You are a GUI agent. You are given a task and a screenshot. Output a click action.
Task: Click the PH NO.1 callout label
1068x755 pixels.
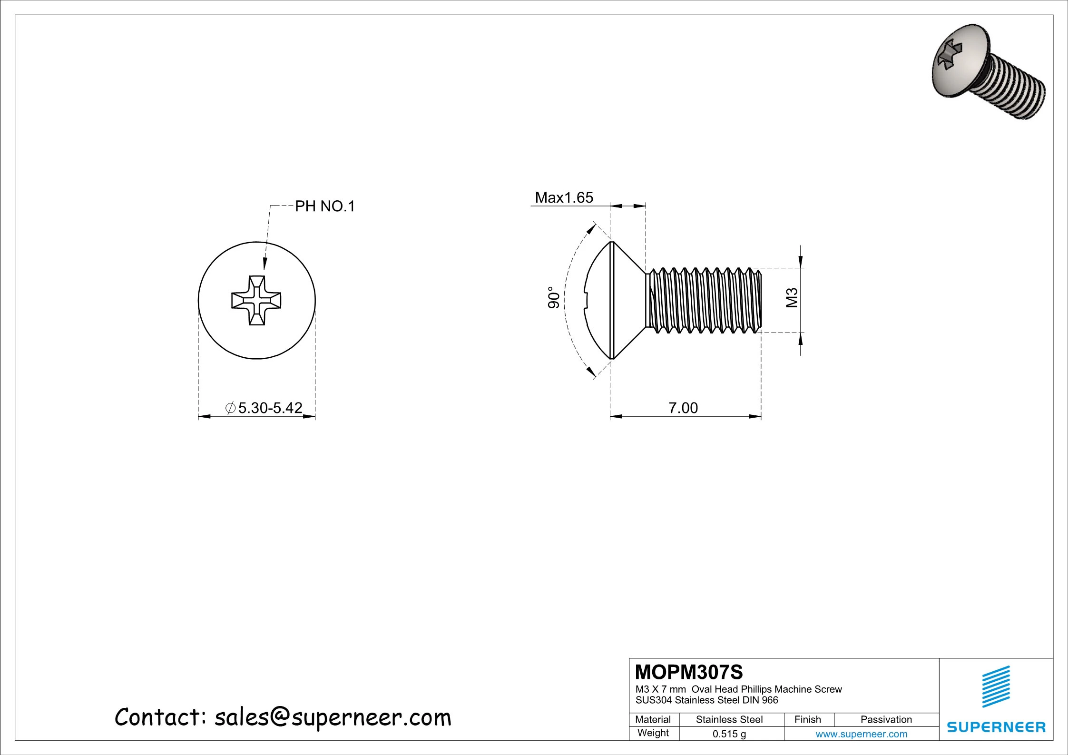[325, 206]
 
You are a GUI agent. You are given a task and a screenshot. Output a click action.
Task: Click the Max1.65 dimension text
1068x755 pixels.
[564, 197]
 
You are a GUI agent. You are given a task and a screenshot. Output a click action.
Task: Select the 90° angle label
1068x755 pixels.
[554, 297]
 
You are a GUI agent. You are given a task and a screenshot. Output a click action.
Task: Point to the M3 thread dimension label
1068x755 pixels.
[792, 298]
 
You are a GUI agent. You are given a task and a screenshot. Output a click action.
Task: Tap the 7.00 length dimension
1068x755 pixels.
[683, 408]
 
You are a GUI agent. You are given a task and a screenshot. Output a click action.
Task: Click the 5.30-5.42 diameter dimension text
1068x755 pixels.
[270, 408]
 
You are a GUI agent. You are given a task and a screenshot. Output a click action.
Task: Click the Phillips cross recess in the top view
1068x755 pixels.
[256, 301]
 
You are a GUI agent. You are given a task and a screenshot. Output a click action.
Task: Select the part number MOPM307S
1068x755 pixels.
[688, 672]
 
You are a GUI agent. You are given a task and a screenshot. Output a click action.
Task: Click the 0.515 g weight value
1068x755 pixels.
[729, 734]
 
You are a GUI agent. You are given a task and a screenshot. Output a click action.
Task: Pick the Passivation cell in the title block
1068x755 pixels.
[886, 720]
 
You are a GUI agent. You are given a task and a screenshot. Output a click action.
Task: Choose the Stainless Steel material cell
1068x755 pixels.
[729, 720]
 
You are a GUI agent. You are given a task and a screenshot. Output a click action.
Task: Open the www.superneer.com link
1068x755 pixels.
[861, 734]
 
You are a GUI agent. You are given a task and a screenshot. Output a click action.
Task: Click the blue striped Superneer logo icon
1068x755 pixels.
[996, 693]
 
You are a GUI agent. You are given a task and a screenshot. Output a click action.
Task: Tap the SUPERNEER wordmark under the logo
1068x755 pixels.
[996, 727]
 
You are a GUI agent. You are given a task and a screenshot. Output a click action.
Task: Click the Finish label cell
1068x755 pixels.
[807, 720]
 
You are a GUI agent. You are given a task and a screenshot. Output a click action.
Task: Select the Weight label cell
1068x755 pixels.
[653, 733]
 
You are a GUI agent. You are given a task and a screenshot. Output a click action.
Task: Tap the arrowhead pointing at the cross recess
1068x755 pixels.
[265, 265]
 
